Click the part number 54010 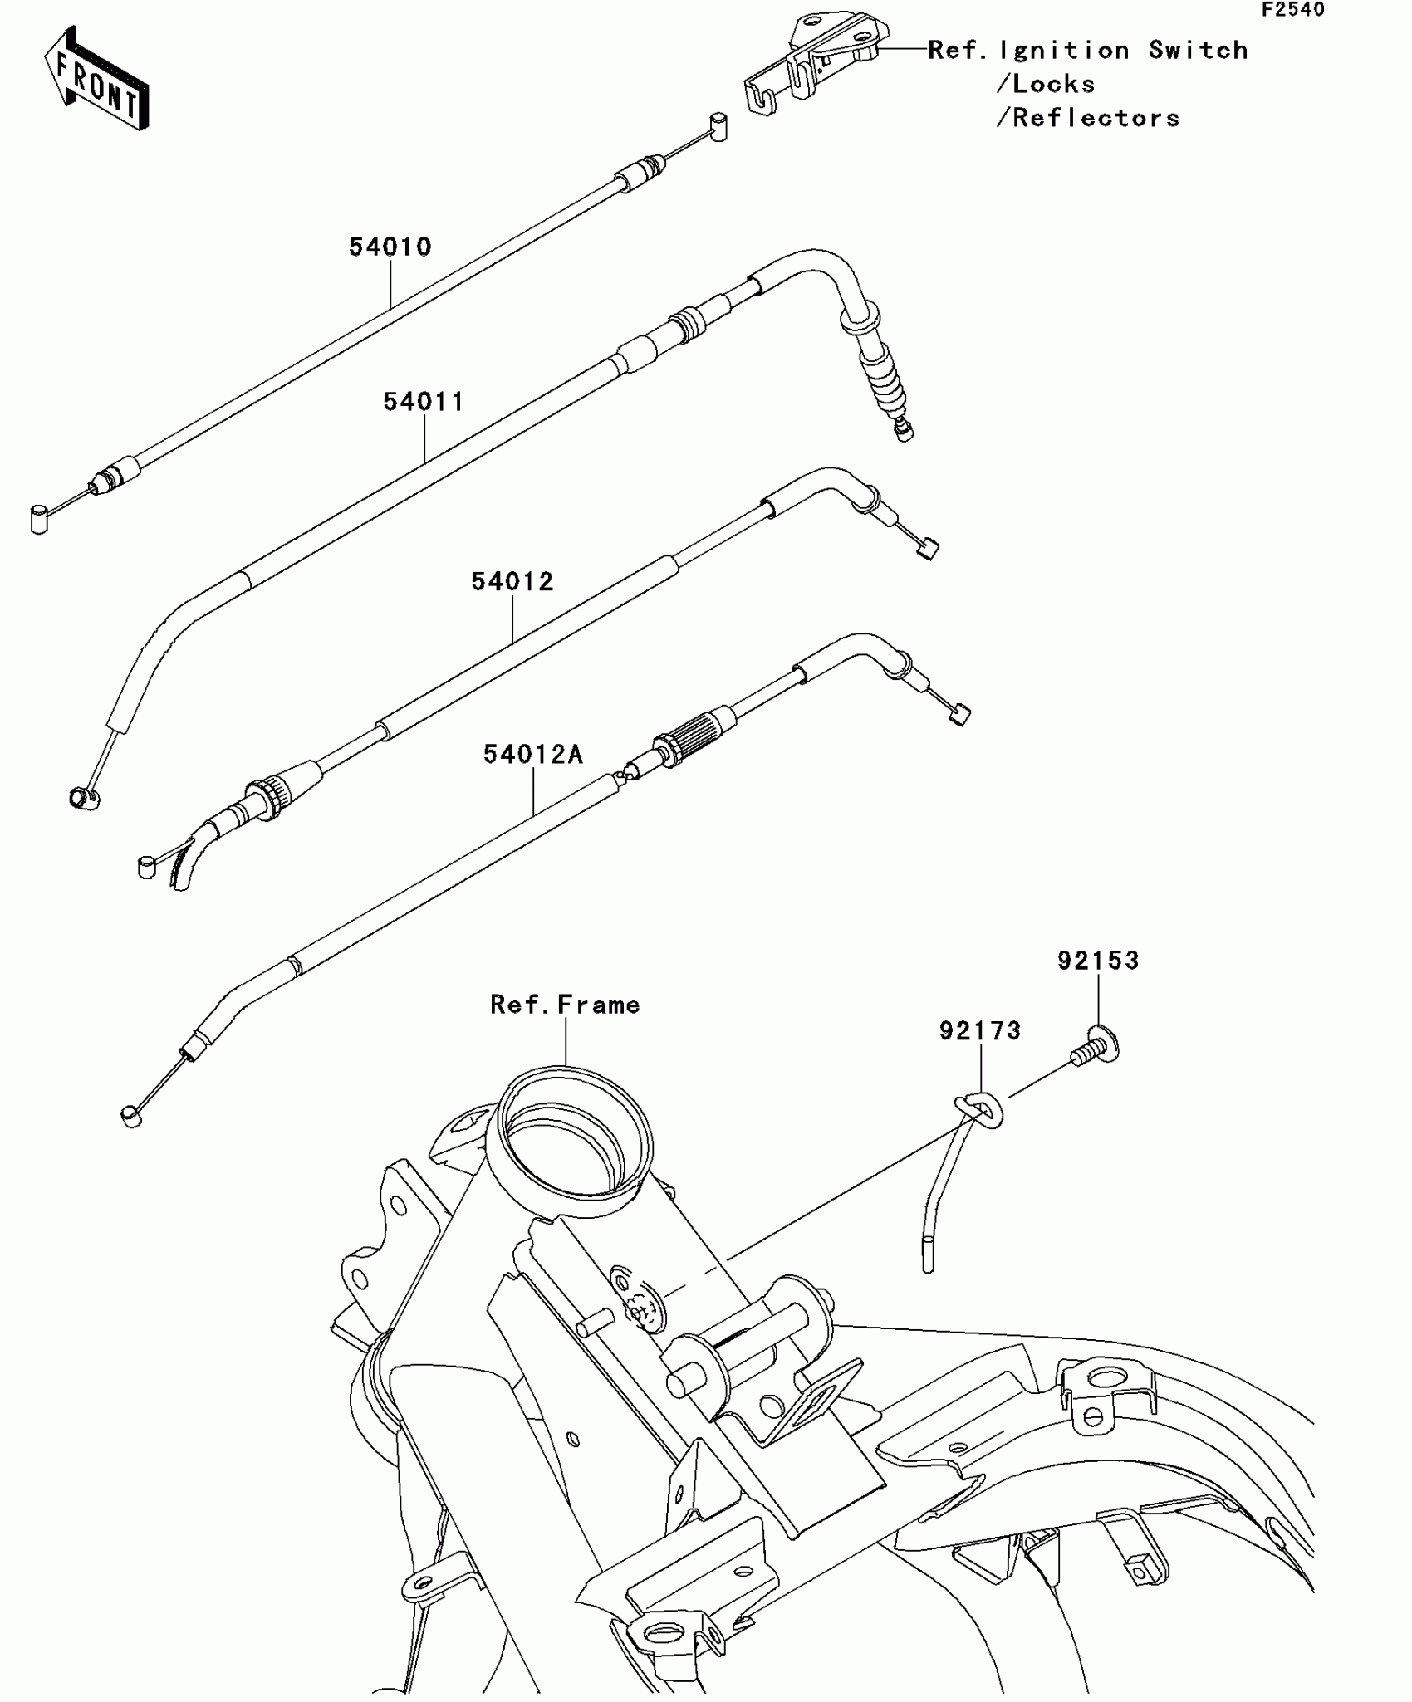[390, 247]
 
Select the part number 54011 [424, 402]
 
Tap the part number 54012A [533, 755]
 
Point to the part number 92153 [1098, 961]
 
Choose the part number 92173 [980, 1031]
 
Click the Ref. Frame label [565, 1005]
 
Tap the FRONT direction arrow [96, 79]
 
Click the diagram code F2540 [1293, 10]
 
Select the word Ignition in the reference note [1064, 51]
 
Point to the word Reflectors [1096, 118]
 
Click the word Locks [1053, 84]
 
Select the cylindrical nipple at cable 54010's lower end [39, 519]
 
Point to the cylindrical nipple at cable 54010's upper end [718, 127]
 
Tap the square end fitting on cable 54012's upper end [927, 549]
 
